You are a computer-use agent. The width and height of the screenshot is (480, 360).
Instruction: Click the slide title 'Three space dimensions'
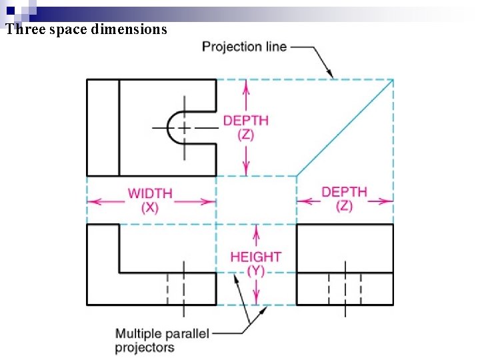pyautogui.click(x=86, y=29)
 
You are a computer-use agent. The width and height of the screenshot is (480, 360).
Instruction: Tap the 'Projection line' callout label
pyautogui.click(x=244, y=47)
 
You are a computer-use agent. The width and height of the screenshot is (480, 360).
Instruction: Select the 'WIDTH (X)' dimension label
pyautogui.click(x=150, y=200)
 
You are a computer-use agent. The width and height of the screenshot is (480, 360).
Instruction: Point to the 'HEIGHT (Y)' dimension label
pyautogui.click(x=255, y=263)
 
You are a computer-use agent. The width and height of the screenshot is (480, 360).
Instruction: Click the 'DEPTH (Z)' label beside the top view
pyautogui.click(x=245, y=127)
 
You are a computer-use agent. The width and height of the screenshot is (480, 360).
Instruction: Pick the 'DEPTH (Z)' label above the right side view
pyautogui.click(x=344, y=199)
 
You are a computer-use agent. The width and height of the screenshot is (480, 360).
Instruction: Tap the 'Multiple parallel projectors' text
pyautogui.click(x=162, y=340)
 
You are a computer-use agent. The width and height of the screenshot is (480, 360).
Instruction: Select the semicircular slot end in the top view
pyautogui.click(x=175, y=127)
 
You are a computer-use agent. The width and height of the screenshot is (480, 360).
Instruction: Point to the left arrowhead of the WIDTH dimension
pyautogui.click(x=91, y=201)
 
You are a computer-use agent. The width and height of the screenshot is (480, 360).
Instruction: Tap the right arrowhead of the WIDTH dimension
pyautogui.click(x=211, y=201)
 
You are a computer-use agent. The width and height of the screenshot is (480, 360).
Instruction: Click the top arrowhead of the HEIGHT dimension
pyautogui.click(x=255, y=229)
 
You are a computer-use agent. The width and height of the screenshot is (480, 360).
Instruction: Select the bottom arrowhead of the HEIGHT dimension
pyautogui.click(x=255, y=300)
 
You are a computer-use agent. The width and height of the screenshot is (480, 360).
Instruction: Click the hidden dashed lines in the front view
pyautogui.click(x=175, y=288)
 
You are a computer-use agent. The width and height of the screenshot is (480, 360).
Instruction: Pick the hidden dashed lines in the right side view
pyautogui.click(x=345, y=288)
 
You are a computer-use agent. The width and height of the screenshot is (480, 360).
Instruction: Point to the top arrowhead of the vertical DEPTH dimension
pyautogui.click(x=246, y=85)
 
